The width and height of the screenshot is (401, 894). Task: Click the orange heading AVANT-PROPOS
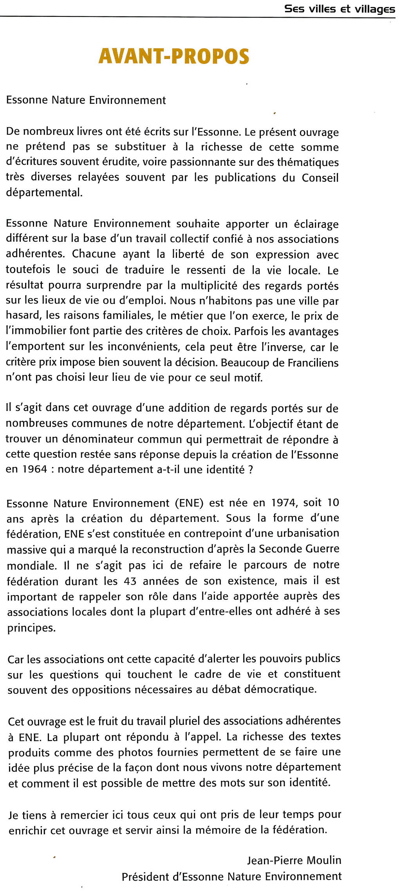click(174, 56)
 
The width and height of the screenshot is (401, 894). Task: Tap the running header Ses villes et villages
click(340, 9)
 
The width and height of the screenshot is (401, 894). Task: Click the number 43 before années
click(130, 581)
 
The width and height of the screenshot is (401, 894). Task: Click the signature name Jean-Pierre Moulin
click(294, 860)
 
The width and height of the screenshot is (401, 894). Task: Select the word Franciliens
click(313, 362)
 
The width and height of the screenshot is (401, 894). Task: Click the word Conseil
click(320, 177)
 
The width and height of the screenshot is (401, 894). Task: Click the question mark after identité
click(251, 469)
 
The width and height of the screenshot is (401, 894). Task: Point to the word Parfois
click(251, 331)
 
